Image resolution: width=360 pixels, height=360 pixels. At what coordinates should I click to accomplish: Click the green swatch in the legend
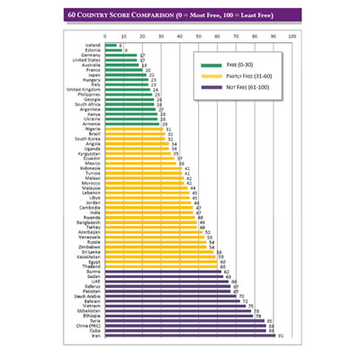(212, 65)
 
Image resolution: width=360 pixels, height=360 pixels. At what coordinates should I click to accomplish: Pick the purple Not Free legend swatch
(212, 88)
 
